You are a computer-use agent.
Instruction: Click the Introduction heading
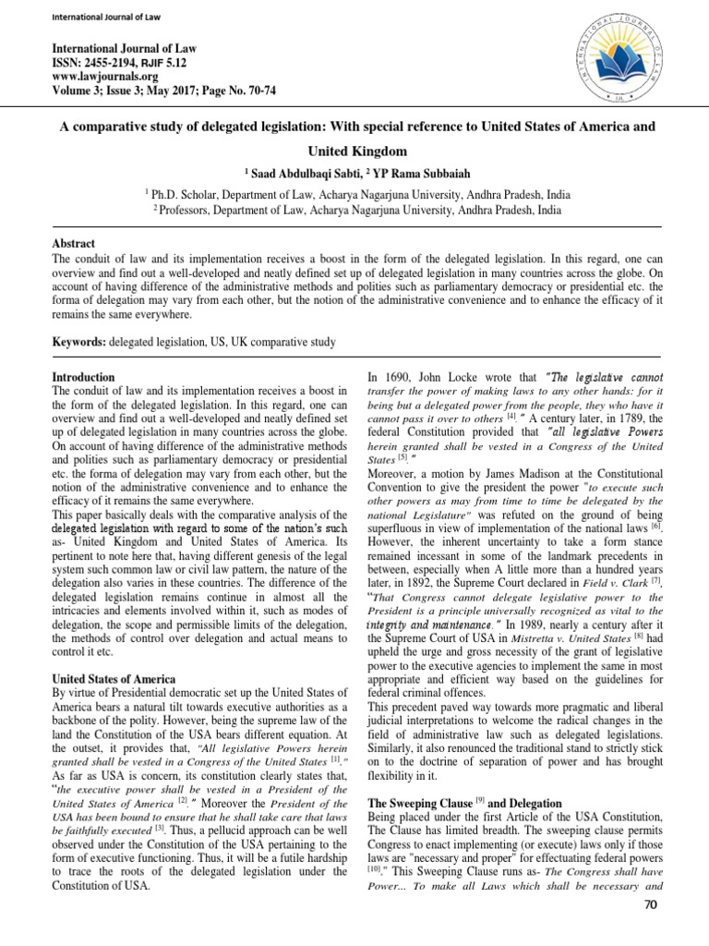pos(83,377)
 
